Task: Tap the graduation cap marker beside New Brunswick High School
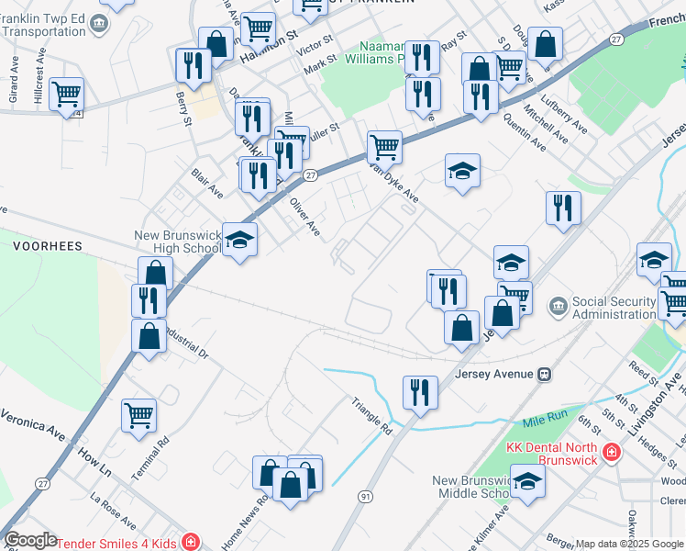240,241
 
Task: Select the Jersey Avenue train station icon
545,374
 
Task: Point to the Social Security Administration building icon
557,304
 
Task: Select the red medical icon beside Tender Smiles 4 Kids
189,541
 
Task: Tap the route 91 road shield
366,497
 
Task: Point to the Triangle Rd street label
372,415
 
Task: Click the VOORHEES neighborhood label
48,246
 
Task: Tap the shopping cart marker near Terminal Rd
138,415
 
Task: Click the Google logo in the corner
30,540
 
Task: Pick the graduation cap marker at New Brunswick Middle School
527,481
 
